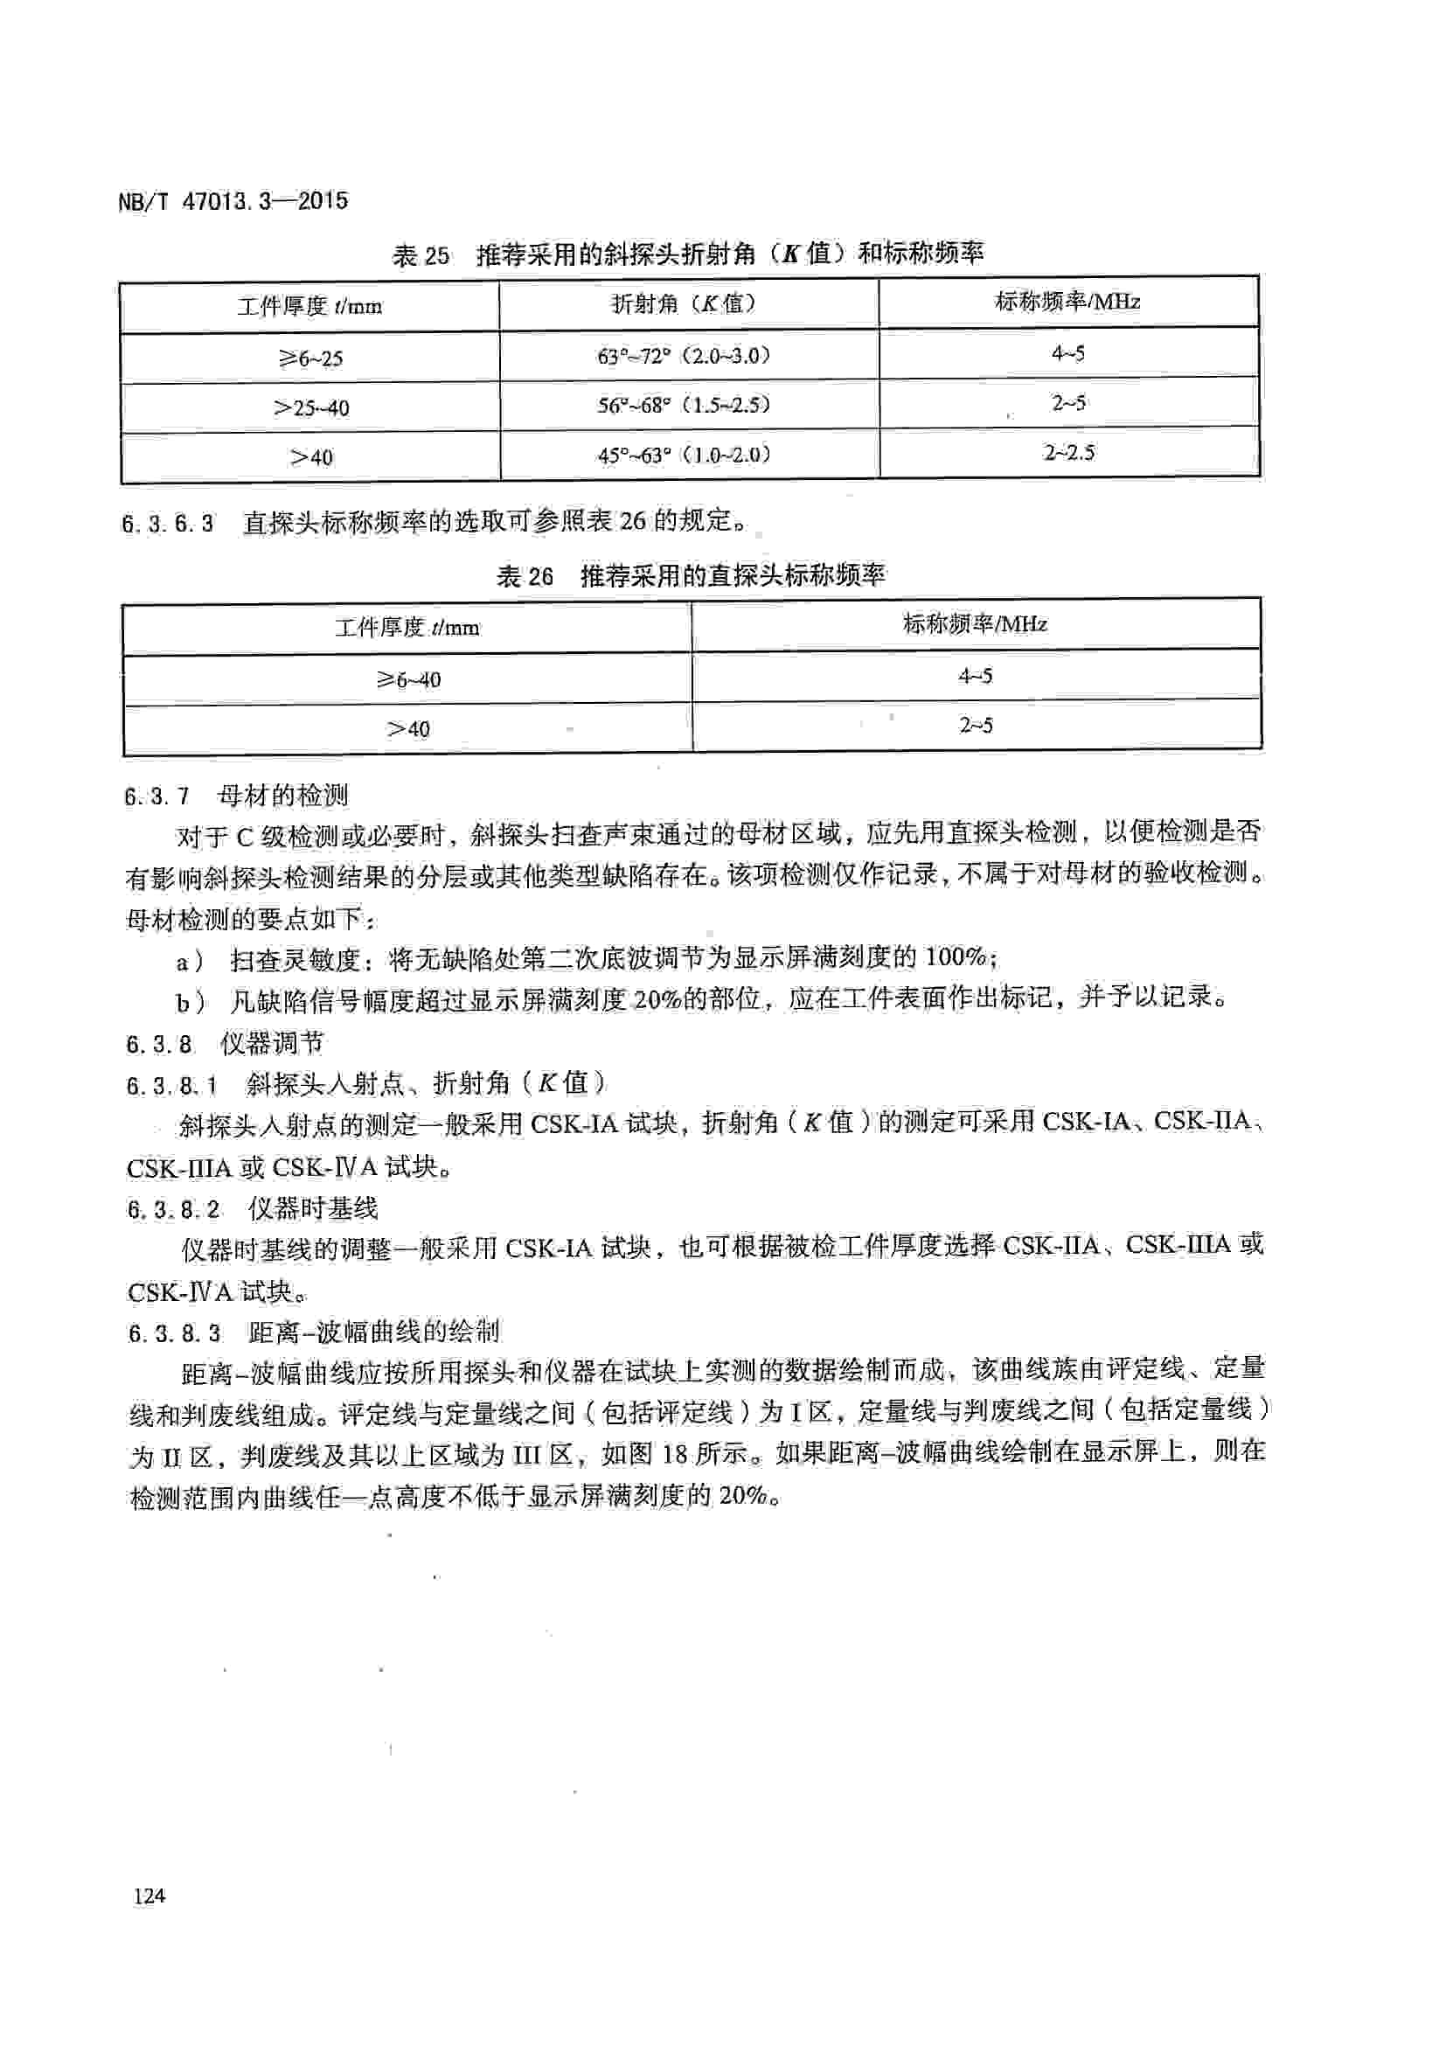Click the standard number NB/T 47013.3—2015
[x=233, y=201]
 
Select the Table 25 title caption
[x=687, y=254]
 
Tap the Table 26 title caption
[x=690, y=576]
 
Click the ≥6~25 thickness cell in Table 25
[x=309, y=358]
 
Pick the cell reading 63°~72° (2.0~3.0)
[x=683, y=355]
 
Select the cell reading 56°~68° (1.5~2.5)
[x=683, y=406]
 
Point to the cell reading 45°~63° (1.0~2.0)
[x=683, y=455]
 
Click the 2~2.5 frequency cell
[x=1068, y=453]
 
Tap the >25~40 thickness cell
[x=309, y=408]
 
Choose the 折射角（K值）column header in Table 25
[x=683, y=303]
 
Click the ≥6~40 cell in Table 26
[x=407, y=679]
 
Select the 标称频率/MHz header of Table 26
[x=975, y=623]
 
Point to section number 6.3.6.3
[x=167, y=524]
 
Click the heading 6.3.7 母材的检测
[x=237, y=796]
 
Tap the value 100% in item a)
[x=956, y=957]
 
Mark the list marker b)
[x=190, y=1002]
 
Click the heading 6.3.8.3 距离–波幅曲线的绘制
[x=314, y=1332]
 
